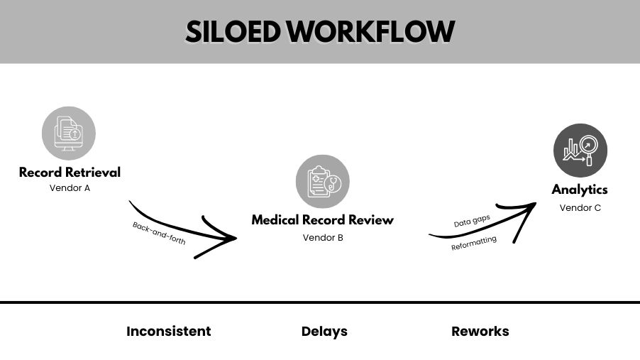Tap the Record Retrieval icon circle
click(x=69, y=133)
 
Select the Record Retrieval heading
click(x=70, y=172)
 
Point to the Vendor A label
click(x=70, y=188)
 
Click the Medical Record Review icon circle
click(x=322, y=182)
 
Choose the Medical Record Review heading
click(x=322, y=220)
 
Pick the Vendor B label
click(x=323, y=237)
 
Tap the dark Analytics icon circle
click(x=580, y=151)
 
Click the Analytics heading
click(x=580, y=190)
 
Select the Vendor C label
click(x=580, y=207)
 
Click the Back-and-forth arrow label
click(x=159, y=233)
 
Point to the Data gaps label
click(x=472, y=222)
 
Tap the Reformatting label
click(x=474, y=244)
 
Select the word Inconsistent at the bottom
click(x=168, y=331)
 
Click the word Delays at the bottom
click(x=324, y=331)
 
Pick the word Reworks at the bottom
click(x=480, y=331)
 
